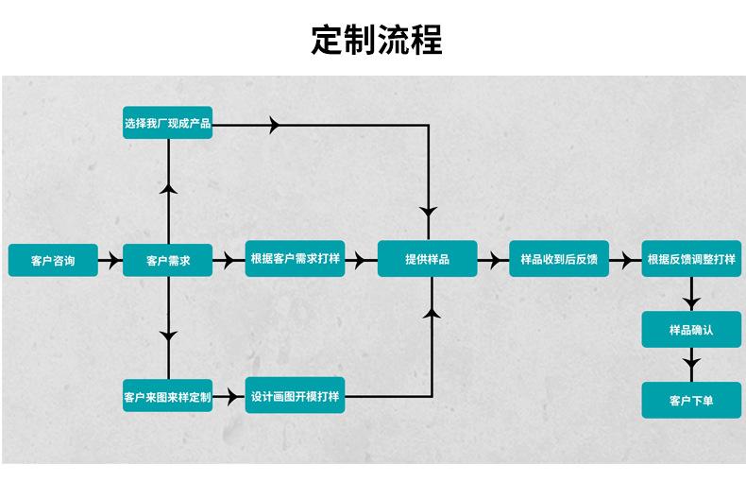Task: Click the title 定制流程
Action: [377, 40]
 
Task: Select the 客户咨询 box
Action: [53, 260]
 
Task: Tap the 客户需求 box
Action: [168, 260]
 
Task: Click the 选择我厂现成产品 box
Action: [168, 123]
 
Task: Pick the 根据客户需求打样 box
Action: [296, 259]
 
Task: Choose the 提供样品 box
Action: [427, 259]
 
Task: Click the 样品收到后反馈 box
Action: [559, 259]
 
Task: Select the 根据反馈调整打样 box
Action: [691, 259]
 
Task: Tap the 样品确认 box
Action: [691, 330]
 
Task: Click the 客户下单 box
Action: [691, 400]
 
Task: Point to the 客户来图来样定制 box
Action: [168, 396]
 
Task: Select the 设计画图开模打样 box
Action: [296, 396]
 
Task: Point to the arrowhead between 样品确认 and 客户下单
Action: [691, 364]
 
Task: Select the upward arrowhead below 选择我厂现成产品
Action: [169, 189]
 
